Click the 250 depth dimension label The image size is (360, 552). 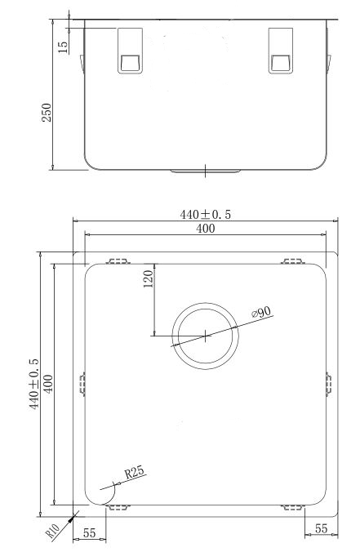[47, 113]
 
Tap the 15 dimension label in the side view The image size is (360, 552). [63, 47]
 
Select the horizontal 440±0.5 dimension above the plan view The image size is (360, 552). [206, 215]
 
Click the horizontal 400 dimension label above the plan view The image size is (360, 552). [206, 229]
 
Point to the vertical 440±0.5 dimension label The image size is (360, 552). [34, 384]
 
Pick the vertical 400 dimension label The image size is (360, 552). [48, 384]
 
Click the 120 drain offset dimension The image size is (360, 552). [148, 278]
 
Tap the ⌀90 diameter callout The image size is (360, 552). [261, 312]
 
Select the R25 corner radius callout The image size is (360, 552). [135, 472]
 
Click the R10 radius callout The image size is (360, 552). [52, 532]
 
